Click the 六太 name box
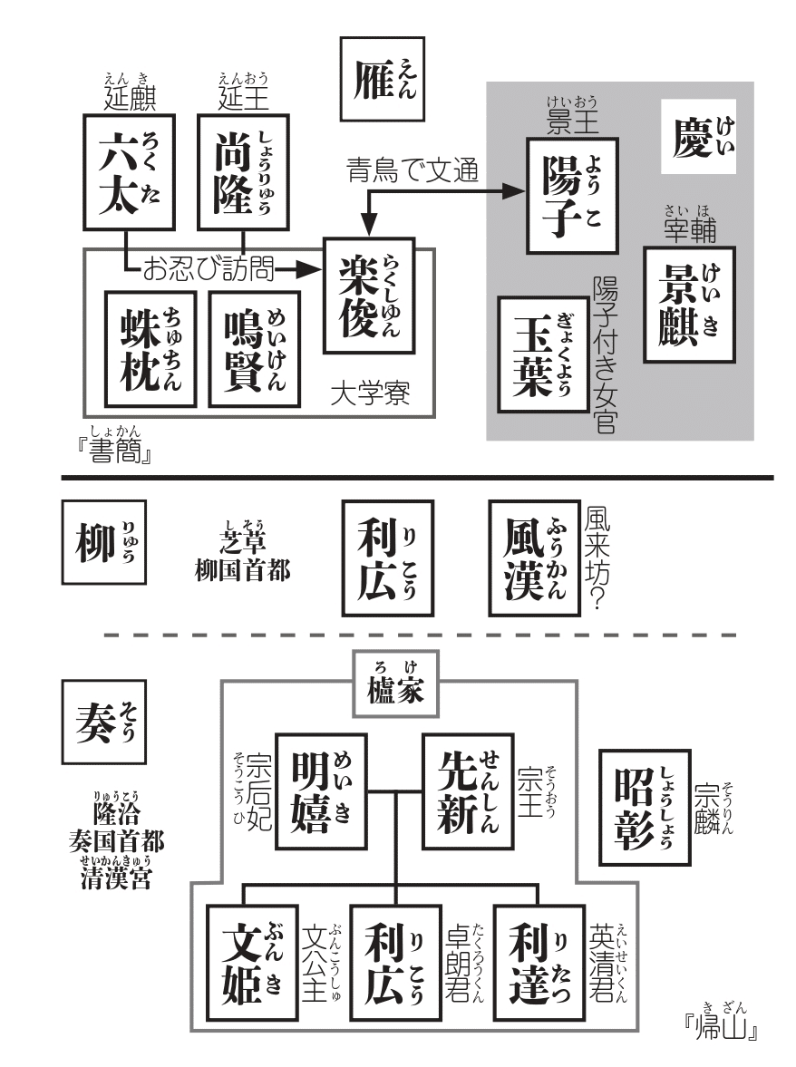coord(130,172)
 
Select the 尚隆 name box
coord(244,172)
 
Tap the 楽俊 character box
coord(369,296)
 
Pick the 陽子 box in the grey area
coord(572,196)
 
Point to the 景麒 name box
coord(689,305)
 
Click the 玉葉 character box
coord(543,354)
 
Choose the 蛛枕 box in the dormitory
coord(150,349)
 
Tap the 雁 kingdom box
coord(383,79)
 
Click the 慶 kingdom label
coord(699,136)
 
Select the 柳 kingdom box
coord(104,542)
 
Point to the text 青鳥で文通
coord(413,170)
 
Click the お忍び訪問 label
coord(209,269)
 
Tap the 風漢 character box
coord(535,558)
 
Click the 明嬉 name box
coord(321,791)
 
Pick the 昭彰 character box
coord(645,808)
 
